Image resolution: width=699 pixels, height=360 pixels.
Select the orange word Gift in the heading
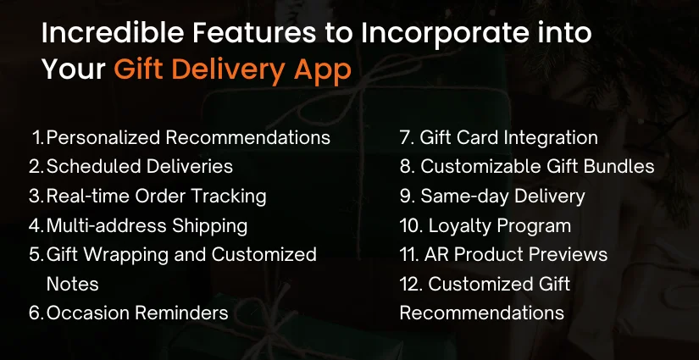tap(141, 70)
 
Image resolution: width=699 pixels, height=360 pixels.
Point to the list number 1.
tap(37, 137)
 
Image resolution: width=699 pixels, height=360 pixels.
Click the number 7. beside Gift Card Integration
tap(406, 137)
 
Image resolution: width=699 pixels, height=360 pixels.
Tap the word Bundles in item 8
tap(621, 167)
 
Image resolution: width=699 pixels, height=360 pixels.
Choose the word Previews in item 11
tap(572, 255)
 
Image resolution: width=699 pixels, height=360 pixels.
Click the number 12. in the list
tap(411, 284)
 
